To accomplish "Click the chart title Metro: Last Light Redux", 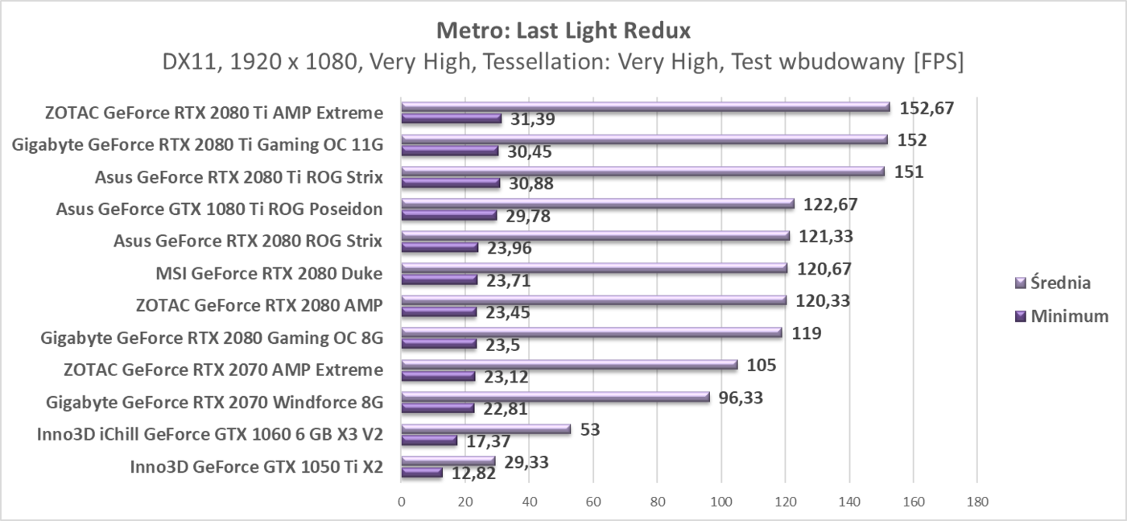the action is point(563,31).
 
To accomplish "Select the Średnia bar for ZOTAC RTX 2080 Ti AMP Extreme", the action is point(644,106).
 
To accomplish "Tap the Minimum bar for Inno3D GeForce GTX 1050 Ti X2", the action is point(422,472).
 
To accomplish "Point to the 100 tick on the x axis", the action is point(721,501).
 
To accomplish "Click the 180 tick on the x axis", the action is point(977,501).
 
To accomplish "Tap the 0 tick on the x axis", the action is point(402,501).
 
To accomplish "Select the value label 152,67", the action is point(927,108).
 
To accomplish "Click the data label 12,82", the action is point(473,473).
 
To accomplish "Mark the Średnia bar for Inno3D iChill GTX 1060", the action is point(485,429).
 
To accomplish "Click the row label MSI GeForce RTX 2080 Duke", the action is point(269,274).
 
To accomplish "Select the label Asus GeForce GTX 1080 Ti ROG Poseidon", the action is point(219,209).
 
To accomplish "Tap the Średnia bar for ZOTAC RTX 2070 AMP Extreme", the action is point(569,365).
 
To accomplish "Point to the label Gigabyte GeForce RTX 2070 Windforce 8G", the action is point(214,402).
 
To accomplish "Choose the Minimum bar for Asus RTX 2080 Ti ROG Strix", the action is point(450,182).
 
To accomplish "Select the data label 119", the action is point(807,333).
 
